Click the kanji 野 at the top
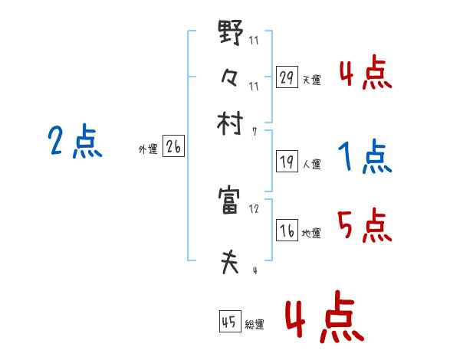pos(231,34)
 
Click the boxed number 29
pos(287,77)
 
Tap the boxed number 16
pos(287,231)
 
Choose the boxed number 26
pos(173,148)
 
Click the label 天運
pos(311,80)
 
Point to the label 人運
pos(311,163)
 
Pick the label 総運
pos(255,325)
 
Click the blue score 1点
pos(365,158)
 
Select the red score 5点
pos(365,226)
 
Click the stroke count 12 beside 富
pos(254,208)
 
